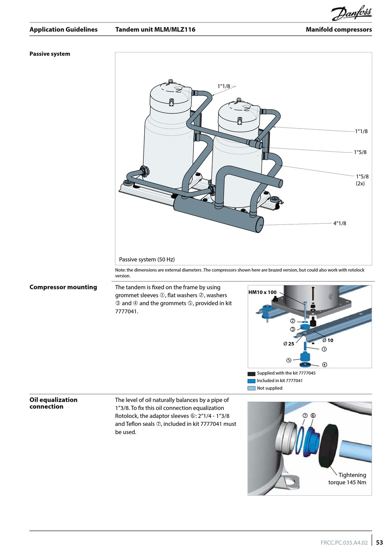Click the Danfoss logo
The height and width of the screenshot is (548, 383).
click(x=352, y=13)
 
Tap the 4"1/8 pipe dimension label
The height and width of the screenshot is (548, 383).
click(x=339, y=223)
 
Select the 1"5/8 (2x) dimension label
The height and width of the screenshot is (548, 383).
click(x=362, y=180)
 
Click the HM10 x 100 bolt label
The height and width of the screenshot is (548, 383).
click(x=262, y=292)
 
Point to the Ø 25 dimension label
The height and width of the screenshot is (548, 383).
click(x=289, y=344)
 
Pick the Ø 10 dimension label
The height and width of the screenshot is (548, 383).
click(x=328, y=340)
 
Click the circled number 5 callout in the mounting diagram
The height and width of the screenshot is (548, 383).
click(x=289, y=360)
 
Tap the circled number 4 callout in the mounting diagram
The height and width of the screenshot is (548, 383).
click(x=325, y=365)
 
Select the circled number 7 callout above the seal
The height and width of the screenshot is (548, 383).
click(x=305, y=416)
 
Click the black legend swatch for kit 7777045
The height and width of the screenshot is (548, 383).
click(x=251, y=374)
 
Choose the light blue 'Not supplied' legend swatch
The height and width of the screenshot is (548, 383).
click(x=251, y=388)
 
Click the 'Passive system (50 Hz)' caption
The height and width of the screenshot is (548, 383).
click(x=147, y=259)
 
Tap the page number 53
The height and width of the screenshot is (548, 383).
click(x=379, y=542)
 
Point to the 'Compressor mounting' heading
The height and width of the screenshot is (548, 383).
click(x=63, y=287)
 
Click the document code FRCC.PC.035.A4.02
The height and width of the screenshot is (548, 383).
click(x=344, y=542)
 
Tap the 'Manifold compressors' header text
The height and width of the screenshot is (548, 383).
click(x=339, y=29)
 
